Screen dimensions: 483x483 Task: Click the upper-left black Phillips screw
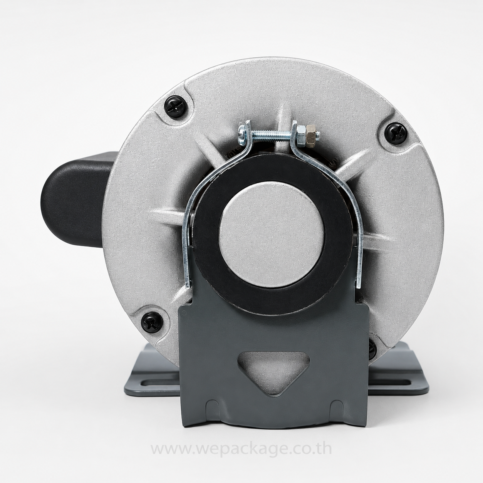click(176, 107)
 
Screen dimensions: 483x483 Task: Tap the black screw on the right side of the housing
click(396, 134)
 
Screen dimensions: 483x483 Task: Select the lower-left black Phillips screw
click(152, 323)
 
